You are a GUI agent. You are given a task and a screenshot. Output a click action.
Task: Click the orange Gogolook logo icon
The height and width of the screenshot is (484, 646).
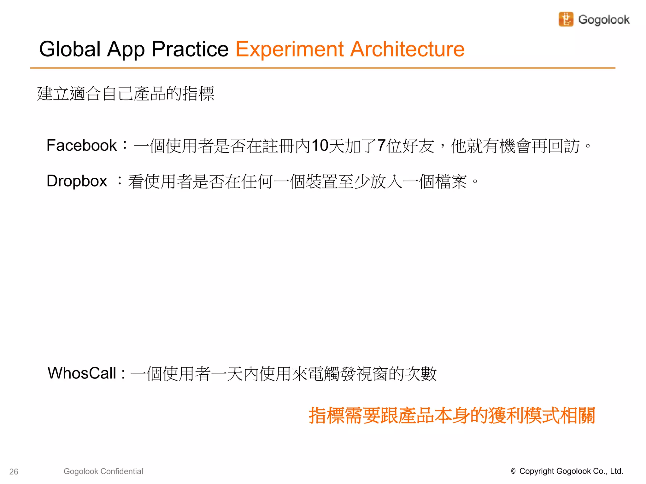click(x=566, y=19)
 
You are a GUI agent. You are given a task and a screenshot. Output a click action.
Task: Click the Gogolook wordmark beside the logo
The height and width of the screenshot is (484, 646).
click(x=604, y=20)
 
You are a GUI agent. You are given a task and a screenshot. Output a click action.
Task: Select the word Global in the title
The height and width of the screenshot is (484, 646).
click(x=70, y=49)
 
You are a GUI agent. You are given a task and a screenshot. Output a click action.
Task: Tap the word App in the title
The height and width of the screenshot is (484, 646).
click(x=126, y=50)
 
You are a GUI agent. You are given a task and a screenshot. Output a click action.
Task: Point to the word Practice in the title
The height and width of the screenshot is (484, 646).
click(x=190, y=49)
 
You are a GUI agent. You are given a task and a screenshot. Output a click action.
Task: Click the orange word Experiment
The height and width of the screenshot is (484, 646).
click(x=289, y=50)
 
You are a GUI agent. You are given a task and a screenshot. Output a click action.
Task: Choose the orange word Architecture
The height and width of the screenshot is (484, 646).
click(x=408, y=49)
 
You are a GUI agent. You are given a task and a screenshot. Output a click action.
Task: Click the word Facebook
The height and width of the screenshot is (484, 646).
click(x=81, y=145)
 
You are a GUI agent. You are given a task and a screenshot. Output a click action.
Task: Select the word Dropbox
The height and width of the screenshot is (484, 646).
click(x=77, y=181)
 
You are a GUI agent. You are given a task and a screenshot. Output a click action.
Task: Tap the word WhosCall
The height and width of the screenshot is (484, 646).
click(x=82, y=373)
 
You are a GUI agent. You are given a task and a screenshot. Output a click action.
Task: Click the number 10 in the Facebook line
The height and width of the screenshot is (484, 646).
click(x=320, y=146)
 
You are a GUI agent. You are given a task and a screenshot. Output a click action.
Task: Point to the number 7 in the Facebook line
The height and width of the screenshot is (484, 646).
click(x=381, y=146)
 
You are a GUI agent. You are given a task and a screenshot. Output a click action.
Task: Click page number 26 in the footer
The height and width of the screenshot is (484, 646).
click(x=14, y=472)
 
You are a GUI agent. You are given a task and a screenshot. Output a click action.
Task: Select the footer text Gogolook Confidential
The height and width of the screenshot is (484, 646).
click(x=103, y=471)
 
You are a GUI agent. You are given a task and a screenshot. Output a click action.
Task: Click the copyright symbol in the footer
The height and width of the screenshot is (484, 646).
click(x=513, y=471)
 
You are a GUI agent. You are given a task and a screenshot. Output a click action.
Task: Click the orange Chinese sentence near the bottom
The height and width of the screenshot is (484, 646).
click(x=452, y=415)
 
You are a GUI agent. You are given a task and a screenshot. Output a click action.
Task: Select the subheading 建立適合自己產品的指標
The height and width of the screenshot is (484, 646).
click(x=126, y=94)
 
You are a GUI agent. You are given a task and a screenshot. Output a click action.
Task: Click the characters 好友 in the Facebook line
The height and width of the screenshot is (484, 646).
click(x=418, y=146)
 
